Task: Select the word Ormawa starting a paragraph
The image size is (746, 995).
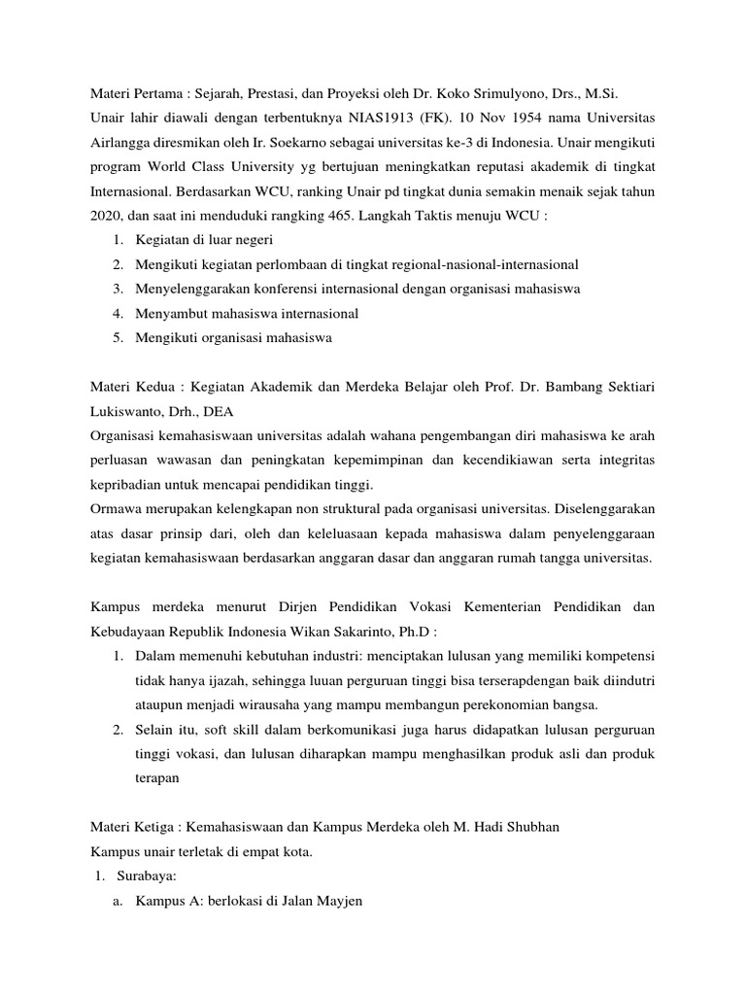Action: (x=115, y=508)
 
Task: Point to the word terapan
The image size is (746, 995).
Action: (x=158, y=777)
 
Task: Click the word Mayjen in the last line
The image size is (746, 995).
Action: (x=339, y=901)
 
